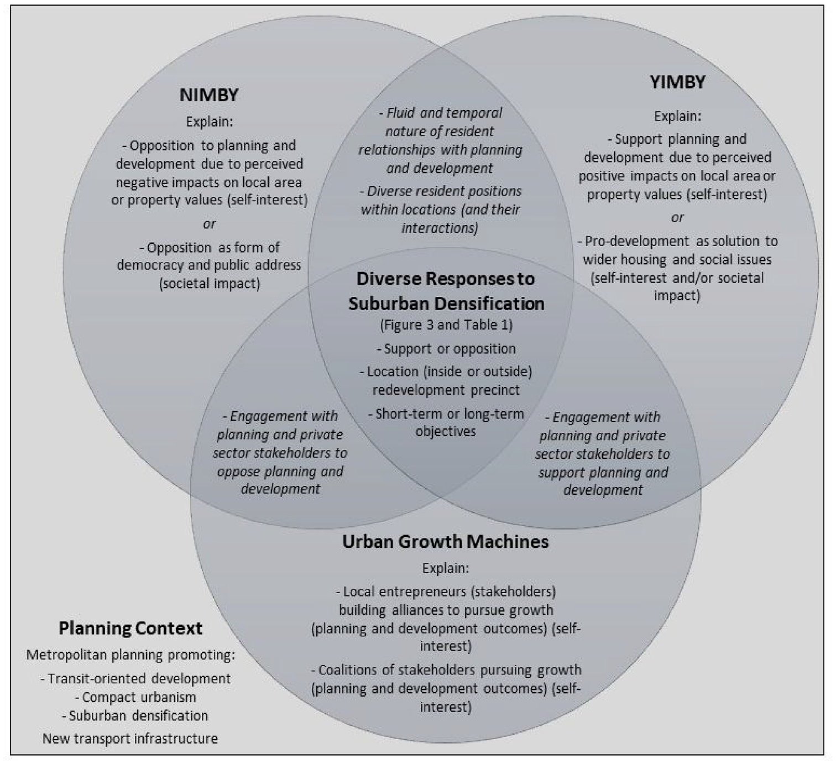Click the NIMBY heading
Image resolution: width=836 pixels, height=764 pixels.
tap(209, 95)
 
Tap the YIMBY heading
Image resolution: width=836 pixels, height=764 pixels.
tap(677, 82)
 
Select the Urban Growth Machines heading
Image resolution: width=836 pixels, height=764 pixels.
tap(446, 542)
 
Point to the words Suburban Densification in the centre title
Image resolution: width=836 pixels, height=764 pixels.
tap(446, 304)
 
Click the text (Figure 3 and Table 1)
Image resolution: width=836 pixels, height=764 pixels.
tap(446, 325)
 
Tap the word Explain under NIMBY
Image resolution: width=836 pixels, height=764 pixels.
tap(209, 122)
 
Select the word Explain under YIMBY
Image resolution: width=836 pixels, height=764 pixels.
tap(678, 116)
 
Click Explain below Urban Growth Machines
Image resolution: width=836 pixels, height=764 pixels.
tap(446, 568)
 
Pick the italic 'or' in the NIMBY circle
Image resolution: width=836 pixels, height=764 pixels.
tap(209, 224)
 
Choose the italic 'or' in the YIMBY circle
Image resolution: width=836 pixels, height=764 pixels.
tap(678, 218)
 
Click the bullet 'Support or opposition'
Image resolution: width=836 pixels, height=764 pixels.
tap(446, 349)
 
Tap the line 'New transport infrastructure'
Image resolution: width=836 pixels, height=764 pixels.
tap(130, 739)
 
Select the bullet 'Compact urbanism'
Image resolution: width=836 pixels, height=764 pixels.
tap(135, 697)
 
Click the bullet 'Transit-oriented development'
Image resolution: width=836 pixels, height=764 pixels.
tap(135, 679)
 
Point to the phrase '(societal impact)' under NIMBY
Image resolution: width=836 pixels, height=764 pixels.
tap(210, 284)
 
